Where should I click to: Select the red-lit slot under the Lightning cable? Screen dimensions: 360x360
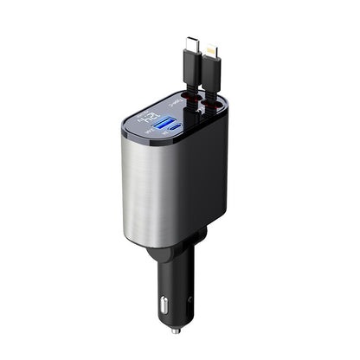(x=208, y=107)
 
